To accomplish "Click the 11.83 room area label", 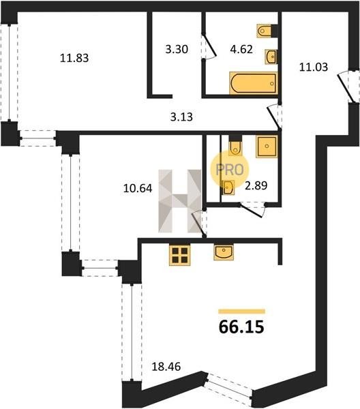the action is pyautogui.click(x=74, y=58).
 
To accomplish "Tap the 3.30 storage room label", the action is pyautogui.click(x=177, y=49).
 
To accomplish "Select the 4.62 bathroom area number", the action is pyautogui.click(x=241, y=49).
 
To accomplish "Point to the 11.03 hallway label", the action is pyautogui.click(x=314, y=67).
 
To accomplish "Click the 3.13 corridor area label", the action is pyautogui.click(x=181, y=117).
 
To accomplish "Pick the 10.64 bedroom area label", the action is pyautogui.click(x=138, y=188).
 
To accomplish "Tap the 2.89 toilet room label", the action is pyautogui.click(x=256, y=185).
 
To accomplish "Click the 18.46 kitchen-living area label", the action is pyautogui.click(x=166, y=367).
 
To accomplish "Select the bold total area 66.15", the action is pyautogui.click(x=241, y=327).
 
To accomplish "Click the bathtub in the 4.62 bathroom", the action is pyautogui.click(x=253, y=83).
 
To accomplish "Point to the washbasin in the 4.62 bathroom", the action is pyautogui.click(x=271, y=57).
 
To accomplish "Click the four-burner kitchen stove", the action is pyautogui.click(x=179, y=255).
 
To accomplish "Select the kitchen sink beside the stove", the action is pyautogui.click(x=224, y=252).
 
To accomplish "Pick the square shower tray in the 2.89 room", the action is pyautogui.click(x=267, y=147).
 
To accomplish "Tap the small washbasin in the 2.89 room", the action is pyautogui.click(x=228, y=187).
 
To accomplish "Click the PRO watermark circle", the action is pyautogui.click(x=230, y=170).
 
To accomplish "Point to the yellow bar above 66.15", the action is pyautogui.click(x=242, y=312).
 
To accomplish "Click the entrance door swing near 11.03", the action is pyautogui.click(x=346, y=89).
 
